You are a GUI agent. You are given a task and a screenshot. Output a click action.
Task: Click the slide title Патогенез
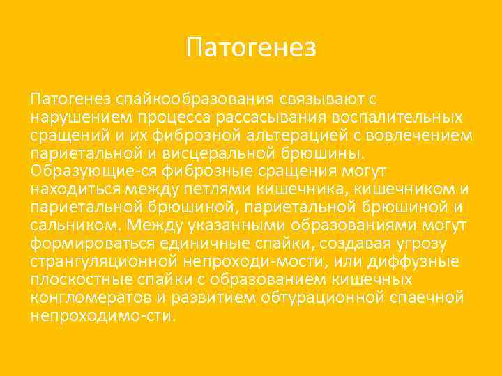coord(251,48)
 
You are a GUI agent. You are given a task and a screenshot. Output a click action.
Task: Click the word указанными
coord(224,226)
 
